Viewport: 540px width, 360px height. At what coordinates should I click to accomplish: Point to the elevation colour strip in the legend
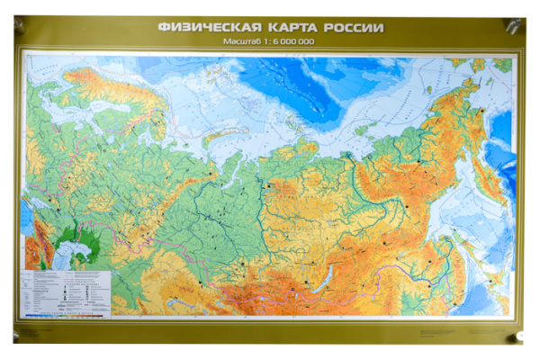(x=68, y=315)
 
